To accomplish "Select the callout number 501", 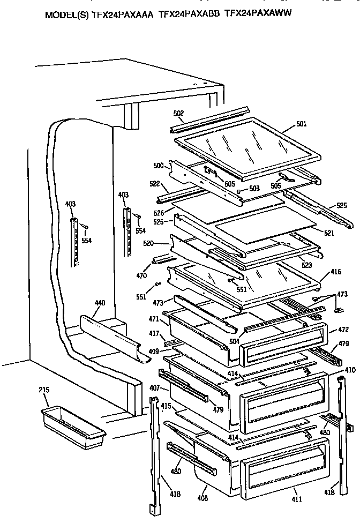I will pyautogui.click(x=301, y=125).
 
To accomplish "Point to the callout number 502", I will pyautogui.click(x=178, y=113).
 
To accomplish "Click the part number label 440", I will pyautogui.click(x=100, y=303).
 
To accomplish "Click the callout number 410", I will pyautogui.click(x=349, y=370).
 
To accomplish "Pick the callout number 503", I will pyautogui.click(x=254, y=189).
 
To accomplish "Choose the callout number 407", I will pyautogui.click(x=154, y=387).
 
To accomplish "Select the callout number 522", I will pyautogui.click(x=155, y=183).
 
